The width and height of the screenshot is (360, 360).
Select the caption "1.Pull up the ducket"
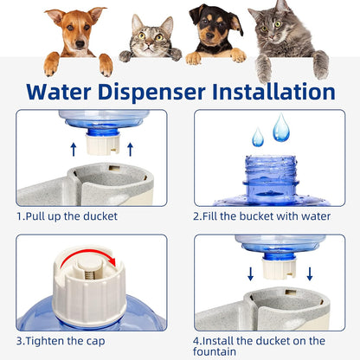67,215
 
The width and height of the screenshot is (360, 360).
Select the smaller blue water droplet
257,137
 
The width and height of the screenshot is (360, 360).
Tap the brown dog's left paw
53,63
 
